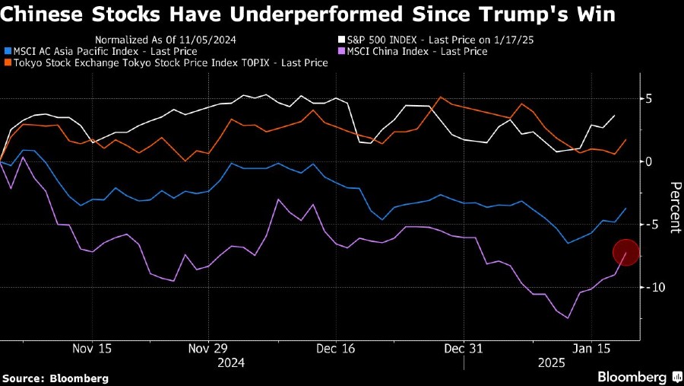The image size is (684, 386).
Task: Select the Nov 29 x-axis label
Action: tap(208, 348)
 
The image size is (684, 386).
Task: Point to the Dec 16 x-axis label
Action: tap(336, 348)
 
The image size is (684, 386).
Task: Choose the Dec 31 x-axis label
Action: tap(463, 348)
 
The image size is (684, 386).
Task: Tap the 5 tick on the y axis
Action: tap(649, 99)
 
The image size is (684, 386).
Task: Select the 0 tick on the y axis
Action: tap(649, 161)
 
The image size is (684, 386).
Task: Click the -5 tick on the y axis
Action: tap(650, 225)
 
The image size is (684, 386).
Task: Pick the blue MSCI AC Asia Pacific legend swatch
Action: tap(8, 52)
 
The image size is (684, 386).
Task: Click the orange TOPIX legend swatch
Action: tap(8, 63)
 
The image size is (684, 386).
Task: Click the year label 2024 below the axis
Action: tap(231, 363)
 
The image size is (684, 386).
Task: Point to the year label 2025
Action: tap(553, 363)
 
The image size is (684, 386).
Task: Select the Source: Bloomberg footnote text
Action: tap(55, 378)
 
